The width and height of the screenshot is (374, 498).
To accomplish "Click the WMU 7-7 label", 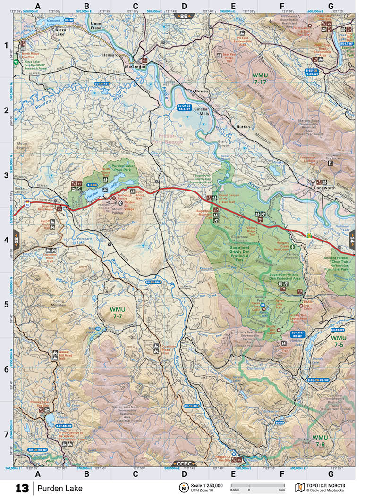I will [x=116, y=312].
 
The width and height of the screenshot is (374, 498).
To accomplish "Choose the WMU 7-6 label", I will [x=320, y=441].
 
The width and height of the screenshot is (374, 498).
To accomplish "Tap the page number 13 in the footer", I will [x=22, y=488].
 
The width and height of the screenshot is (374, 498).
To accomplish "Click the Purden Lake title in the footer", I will [x=60, y=488].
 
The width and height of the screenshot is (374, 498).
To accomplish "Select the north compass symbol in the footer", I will [x=183, y=488].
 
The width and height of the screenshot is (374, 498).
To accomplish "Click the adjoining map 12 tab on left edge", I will [x=17, y=239].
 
